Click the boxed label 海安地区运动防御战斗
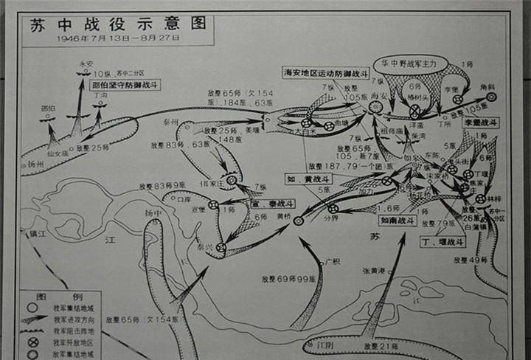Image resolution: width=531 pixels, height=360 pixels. tap(321, 72)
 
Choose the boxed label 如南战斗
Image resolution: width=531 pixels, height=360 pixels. tap(398, 220)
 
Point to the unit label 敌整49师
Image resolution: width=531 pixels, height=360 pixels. tap(472, 260)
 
